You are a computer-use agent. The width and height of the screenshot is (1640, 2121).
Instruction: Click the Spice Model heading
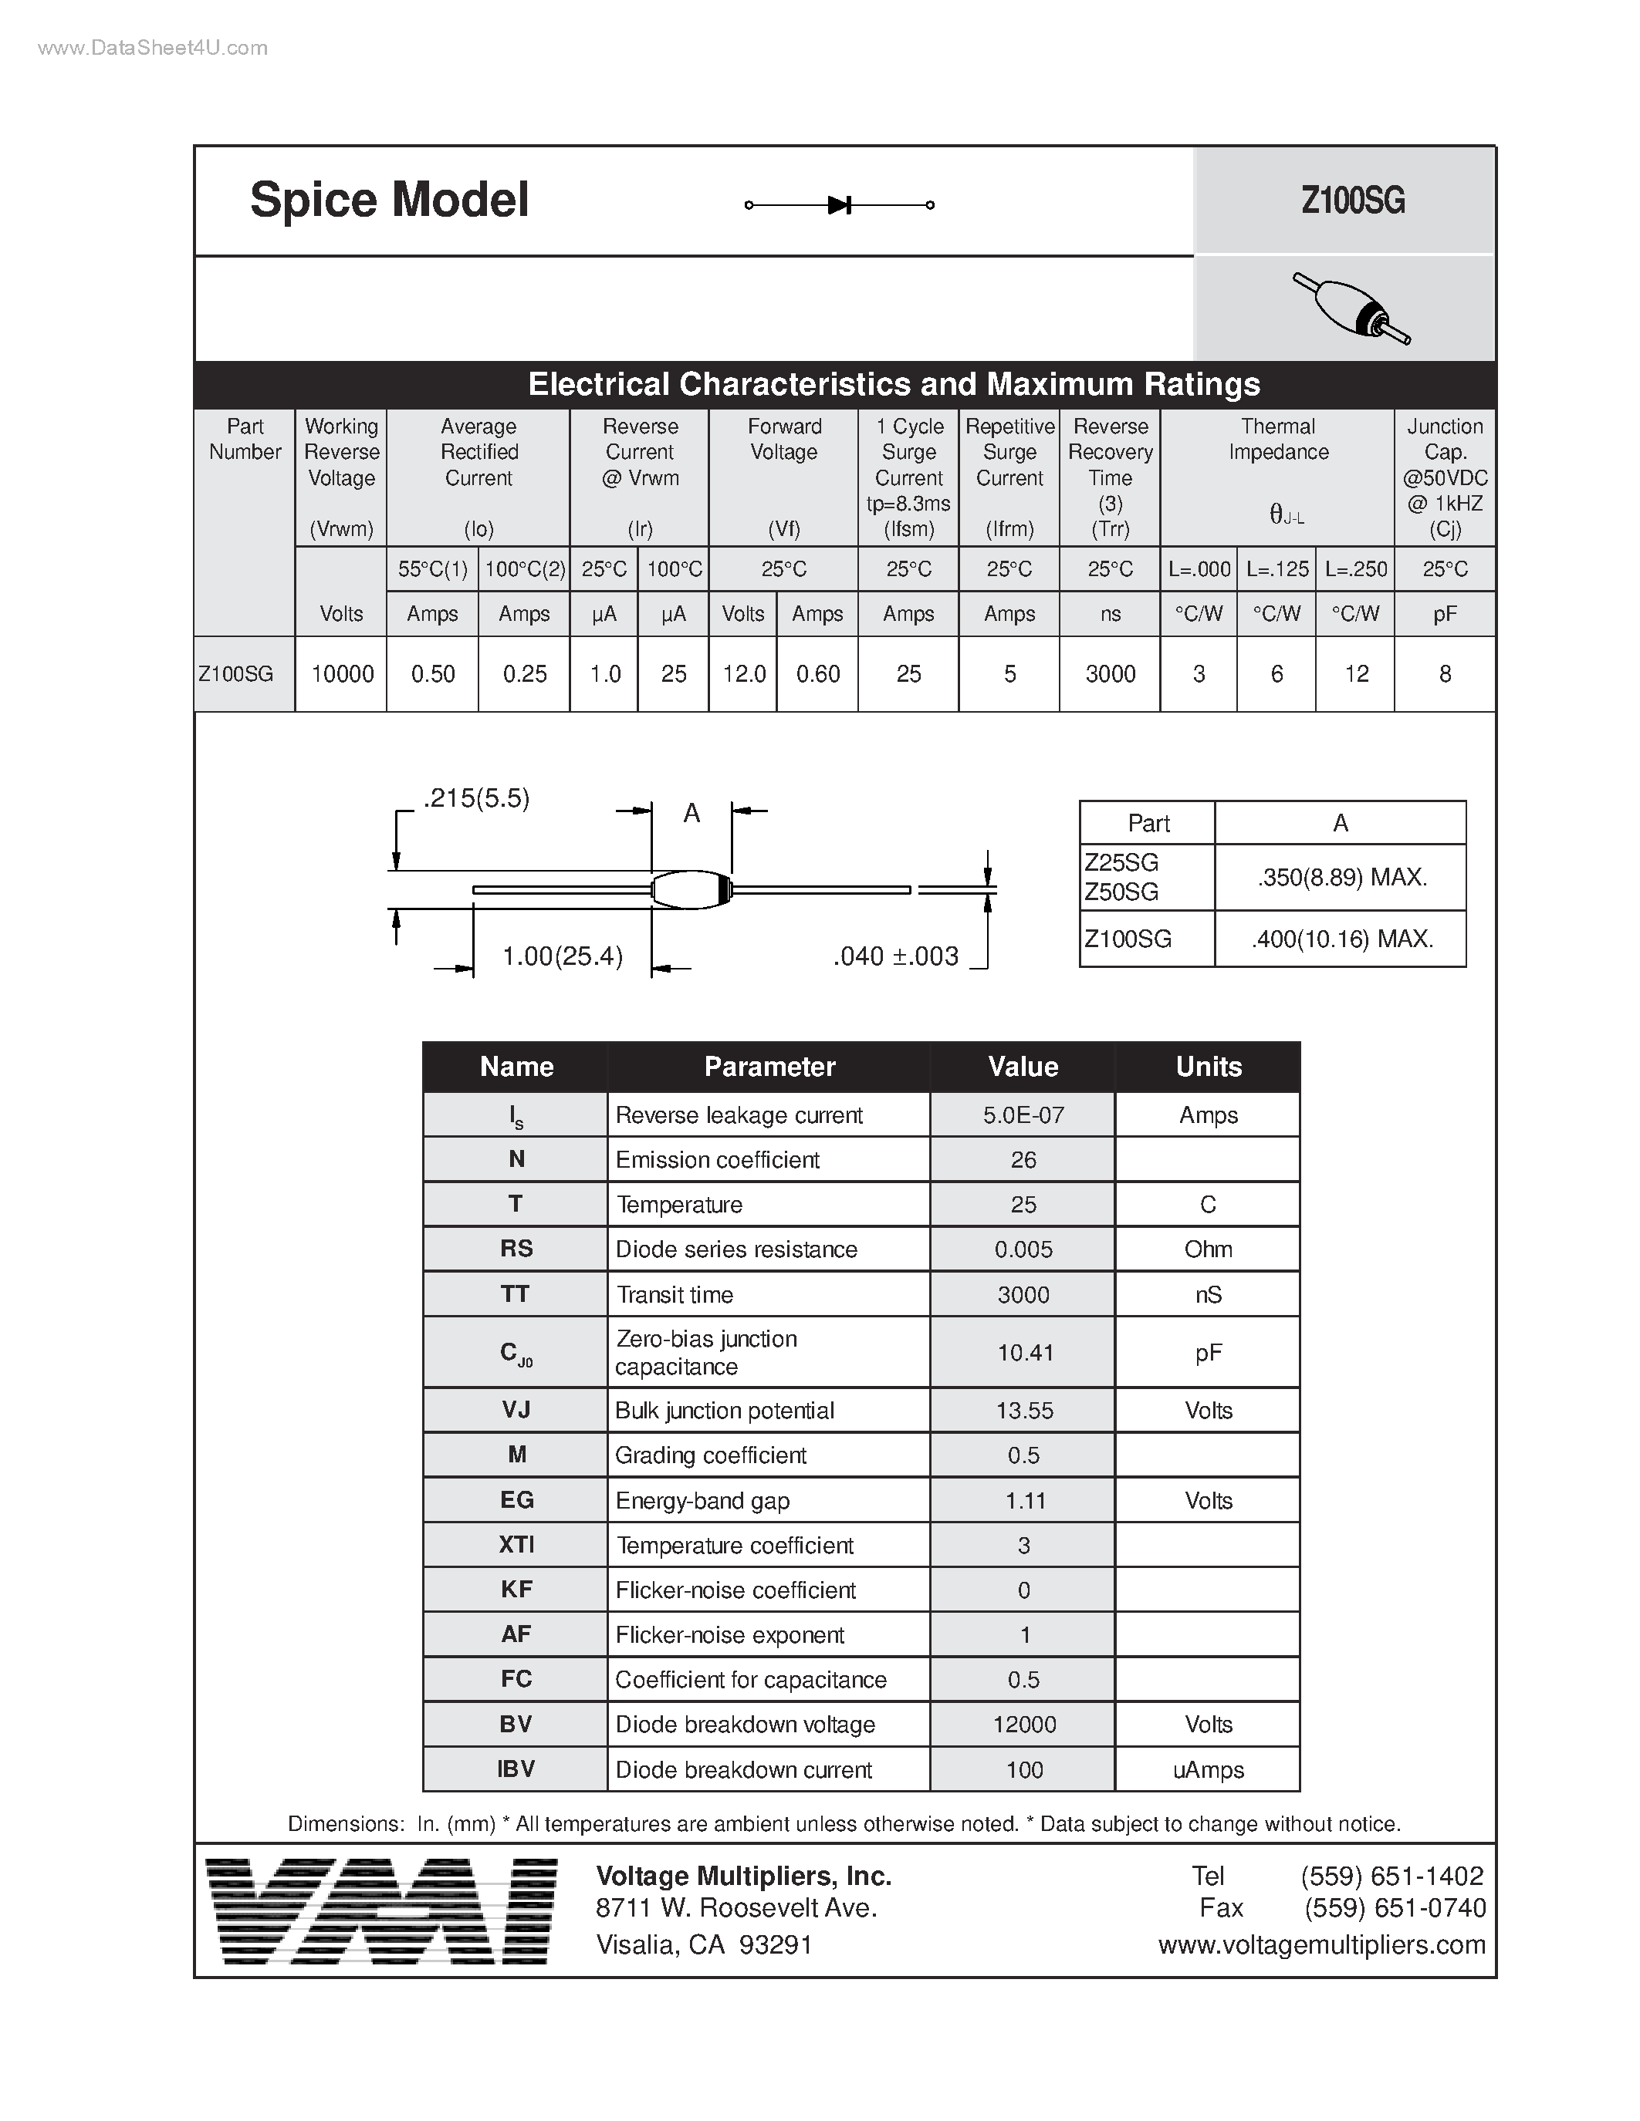click(x=389, y=200)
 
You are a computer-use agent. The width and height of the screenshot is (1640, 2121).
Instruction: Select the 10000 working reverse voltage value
click(x=342, y=674)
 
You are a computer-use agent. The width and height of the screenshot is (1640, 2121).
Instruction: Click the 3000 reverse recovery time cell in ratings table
click(x=1110, y=674)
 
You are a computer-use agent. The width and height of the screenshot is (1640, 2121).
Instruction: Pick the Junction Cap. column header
click(x=1445, y=477)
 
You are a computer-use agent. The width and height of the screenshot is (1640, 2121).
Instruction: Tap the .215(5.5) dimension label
click(x=476, y=798)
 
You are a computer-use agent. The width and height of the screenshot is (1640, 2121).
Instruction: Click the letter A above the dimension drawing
click(x=692, y=813)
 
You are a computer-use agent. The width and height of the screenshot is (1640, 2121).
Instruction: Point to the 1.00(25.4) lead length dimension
click(x=562, y=956)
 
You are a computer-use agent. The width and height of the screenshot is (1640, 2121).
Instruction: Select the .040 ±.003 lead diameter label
click(x=896, y=956)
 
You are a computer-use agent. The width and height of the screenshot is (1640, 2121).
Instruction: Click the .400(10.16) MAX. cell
click(x=1342, y=939)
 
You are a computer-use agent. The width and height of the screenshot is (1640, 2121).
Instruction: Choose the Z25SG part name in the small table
click(x=1121, y=862)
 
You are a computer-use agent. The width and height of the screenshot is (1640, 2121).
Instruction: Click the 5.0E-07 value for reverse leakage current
click(x=1023, y=1115)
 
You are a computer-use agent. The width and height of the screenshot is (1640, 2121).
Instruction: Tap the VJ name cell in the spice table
click(x=516, y=1410)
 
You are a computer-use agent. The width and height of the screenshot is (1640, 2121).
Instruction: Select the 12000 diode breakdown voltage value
click(x=1024, y=1724)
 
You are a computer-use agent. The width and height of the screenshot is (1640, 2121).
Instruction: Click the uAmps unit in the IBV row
click(x=1208, y=1769)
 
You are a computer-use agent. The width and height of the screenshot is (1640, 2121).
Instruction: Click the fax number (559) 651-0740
click(x=1395, y=1908)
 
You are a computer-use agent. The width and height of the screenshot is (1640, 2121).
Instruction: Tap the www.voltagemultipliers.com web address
click(x=1321, y=1944)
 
